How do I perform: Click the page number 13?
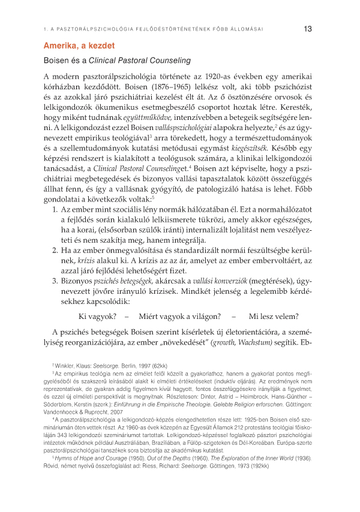tap(308, 28)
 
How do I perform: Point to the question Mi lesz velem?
tap(274, 317)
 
